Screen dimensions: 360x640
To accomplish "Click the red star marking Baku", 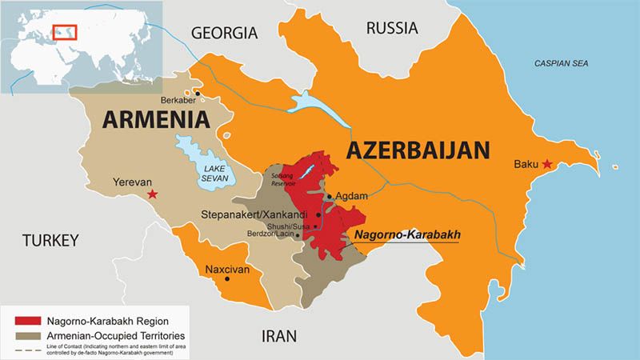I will [547, 164].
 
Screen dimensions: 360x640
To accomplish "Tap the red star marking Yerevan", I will [153, 194].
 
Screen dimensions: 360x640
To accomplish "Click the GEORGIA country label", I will [224, 33].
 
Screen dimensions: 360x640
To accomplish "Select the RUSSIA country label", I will [392, 28].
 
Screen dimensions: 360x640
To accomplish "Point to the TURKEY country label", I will [50, 240].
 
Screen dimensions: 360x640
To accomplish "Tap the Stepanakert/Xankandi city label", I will [258, 214].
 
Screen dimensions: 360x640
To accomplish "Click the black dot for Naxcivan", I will [227, 279].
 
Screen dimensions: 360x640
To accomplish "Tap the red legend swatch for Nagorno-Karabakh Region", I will [26, 319].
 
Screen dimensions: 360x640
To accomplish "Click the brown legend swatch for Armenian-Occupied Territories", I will [26, 334].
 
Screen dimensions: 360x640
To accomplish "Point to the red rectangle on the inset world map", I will [64, 31].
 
